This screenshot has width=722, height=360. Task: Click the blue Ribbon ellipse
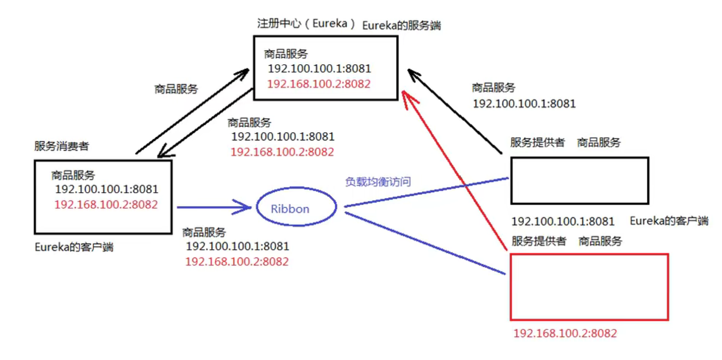(296, 207)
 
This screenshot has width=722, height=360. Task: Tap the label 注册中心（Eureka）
(307, 24)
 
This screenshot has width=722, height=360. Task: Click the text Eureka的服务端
(401, 25)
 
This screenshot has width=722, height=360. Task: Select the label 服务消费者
(62, 147)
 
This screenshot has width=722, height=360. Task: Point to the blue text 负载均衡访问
(378, 182)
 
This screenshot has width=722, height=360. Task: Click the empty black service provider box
(579, 181)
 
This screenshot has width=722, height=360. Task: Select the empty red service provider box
(589, 287)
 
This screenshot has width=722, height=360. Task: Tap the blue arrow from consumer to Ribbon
(213, 207)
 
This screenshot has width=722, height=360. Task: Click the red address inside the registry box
(319, 84)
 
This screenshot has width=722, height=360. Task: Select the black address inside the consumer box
(107, 190)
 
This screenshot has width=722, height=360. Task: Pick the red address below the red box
(565, 334)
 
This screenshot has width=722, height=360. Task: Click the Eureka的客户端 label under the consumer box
(74, 248)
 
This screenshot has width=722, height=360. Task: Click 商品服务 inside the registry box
(286, 54)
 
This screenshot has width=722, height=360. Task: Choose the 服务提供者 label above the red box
(539, 241)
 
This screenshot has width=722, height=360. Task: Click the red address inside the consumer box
(106, 205)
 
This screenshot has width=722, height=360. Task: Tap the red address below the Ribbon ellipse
(237, 262)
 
